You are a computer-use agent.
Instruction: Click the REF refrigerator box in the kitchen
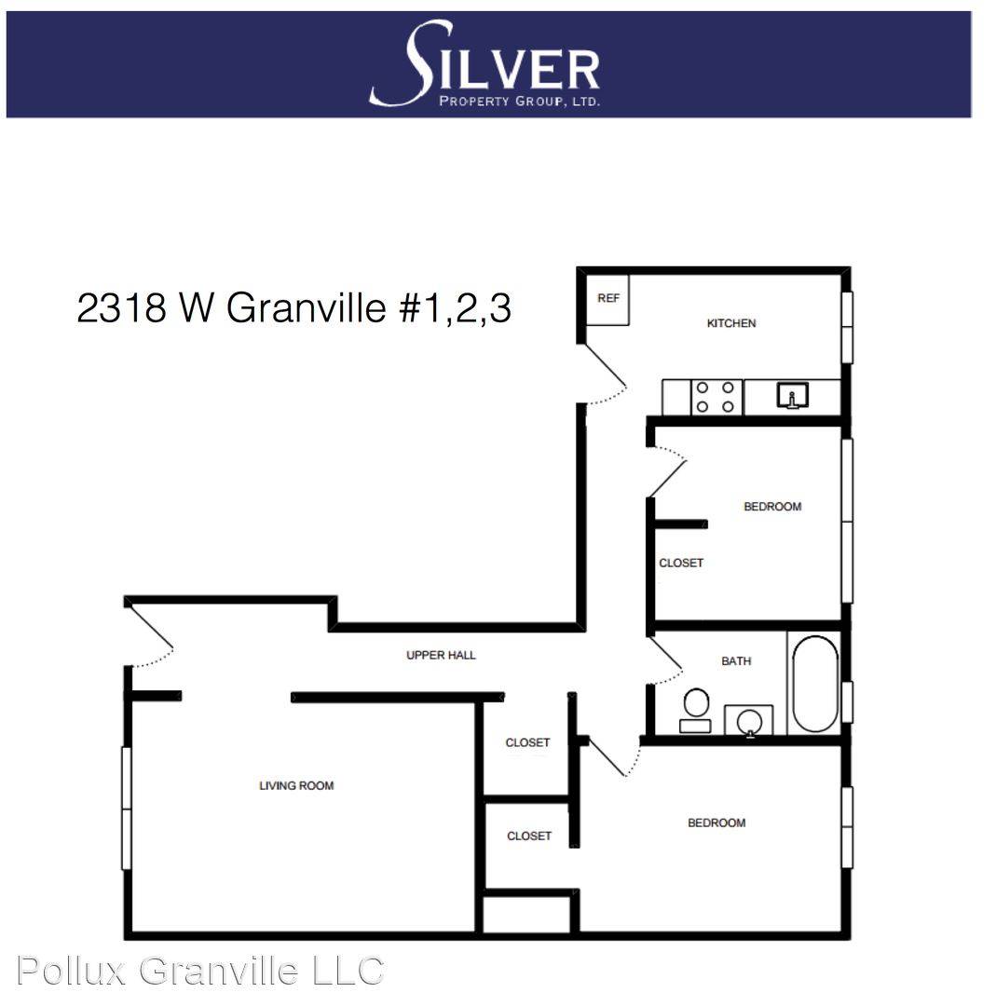(x=607, y=299)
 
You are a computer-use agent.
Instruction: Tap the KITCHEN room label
(x=731, y=323)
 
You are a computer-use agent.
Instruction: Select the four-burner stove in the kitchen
(x=716, y=397)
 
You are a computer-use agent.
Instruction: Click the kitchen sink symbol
(x=793, y=396)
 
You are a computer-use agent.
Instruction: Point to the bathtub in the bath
(x=815, y=684)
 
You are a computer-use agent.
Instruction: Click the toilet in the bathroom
(x=696, y=711)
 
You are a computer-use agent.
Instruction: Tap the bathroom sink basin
(x=749, y=720)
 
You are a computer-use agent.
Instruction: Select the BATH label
(x=735, y=660)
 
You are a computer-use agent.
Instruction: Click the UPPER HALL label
(x=441, y=655)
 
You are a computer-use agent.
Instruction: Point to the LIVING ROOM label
(x=296, y=785)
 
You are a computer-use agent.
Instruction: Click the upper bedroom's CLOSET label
(x=681, y=563)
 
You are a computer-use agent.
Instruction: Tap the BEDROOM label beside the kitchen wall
(x=772, y=506)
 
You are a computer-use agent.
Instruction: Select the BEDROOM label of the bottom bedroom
(x=716, y=822)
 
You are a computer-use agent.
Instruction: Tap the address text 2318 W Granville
(x=231, y=307)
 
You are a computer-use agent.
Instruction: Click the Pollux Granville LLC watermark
(x=200, y=970)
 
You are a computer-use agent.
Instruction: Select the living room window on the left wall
(x=127, y=809)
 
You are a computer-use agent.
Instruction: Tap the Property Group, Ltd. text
(x=519, y=101)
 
